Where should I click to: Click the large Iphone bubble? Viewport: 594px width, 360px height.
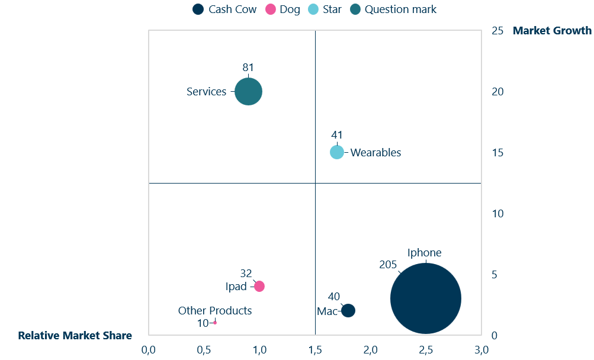click(425, 298)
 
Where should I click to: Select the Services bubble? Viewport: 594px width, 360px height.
click(248, 91)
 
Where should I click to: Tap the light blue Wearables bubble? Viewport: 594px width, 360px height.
click(336, 152)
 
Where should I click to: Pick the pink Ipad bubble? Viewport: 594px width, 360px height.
click(259, 286)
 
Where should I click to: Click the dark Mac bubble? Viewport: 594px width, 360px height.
click(348, 310)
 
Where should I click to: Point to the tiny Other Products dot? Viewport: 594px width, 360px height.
click(214, 322)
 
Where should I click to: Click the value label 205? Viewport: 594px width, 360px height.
click(387, 265)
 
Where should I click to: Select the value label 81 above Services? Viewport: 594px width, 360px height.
click(248, 67)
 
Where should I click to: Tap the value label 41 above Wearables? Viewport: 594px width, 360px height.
click(336, 135)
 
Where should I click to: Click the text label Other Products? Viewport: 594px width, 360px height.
click(215, 310)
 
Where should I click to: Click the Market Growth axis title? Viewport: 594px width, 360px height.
click(552, 30)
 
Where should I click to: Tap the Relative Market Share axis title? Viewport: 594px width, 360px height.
click(75, 336)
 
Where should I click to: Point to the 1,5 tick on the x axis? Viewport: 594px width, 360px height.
click(315, 350)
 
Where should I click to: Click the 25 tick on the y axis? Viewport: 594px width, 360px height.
click(497, 30)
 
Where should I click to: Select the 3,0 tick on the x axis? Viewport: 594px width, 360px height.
click(481, 350)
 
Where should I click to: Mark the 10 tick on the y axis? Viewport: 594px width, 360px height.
click(497, 213)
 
